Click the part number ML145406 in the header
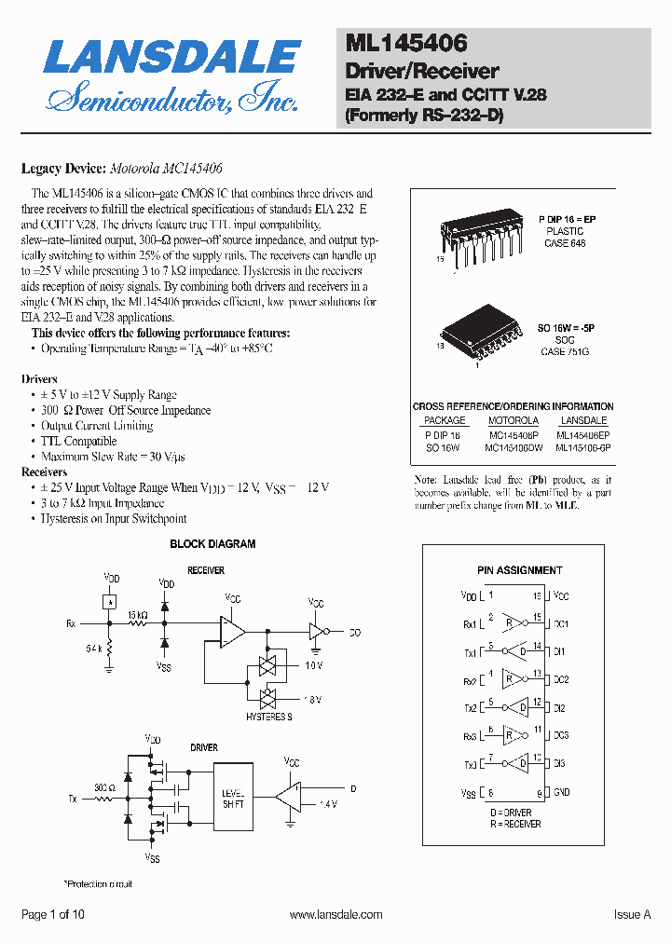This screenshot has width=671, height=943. coord(406,43)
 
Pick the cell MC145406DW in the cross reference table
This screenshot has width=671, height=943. coord(514,447)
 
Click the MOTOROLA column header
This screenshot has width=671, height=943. coord(514,420)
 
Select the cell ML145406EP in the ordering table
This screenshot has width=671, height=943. coord(582,434)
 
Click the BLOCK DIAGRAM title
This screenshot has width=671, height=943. coord(212,544)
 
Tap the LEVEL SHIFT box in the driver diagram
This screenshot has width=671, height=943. coord(233,798)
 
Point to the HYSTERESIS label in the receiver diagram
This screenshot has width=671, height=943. coord(269,717)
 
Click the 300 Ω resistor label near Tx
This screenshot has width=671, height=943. coord(103,788)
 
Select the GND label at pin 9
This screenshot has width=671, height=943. coord(561,793)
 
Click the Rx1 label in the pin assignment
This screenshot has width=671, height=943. coord(468,623)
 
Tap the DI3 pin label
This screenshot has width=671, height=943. coord(560,764)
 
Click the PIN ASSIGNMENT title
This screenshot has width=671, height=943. coord(519,570)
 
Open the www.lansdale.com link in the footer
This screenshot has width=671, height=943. coord(335,915)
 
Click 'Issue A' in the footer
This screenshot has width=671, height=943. coord(632,915)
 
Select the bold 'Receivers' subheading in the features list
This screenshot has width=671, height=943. coord(44,472)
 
